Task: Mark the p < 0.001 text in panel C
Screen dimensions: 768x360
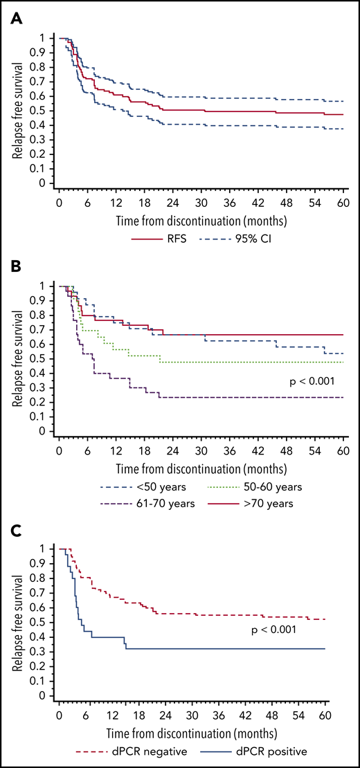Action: coord(298,630)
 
